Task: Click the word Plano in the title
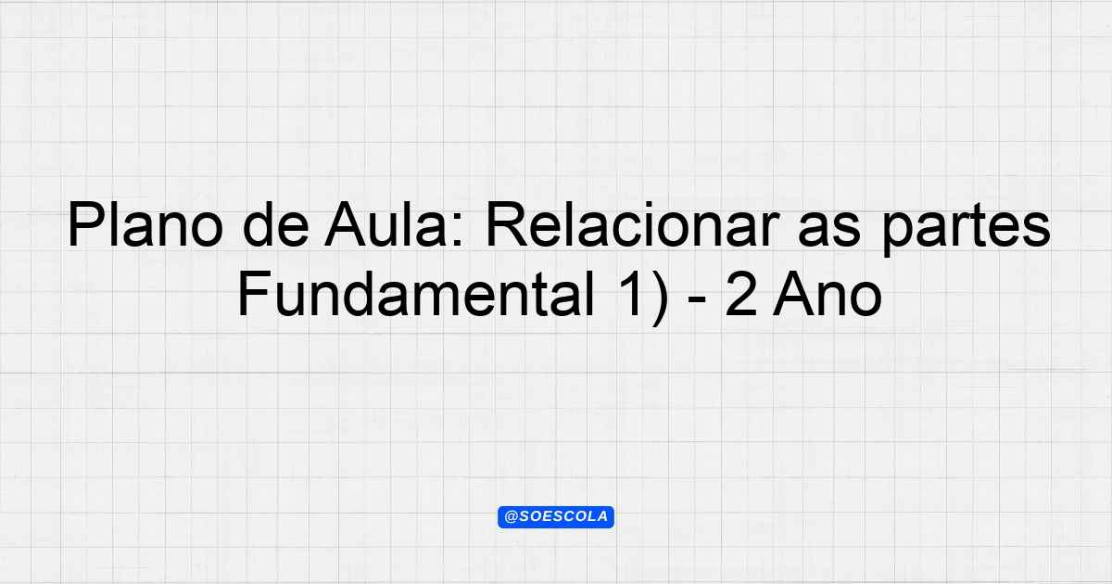coord(145,224)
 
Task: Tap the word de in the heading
coord(275,224)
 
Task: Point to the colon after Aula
coord(457,231)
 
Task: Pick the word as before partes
coord(829,231)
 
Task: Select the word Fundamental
coord(416,294)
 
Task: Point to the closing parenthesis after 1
coord(659,298)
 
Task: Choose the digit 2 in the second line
coord(741,294)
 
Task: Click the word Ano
coord(827,294)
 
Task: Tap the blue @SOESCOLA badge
coord(556,517)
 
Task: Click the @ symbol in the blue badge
coord(511,517)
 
